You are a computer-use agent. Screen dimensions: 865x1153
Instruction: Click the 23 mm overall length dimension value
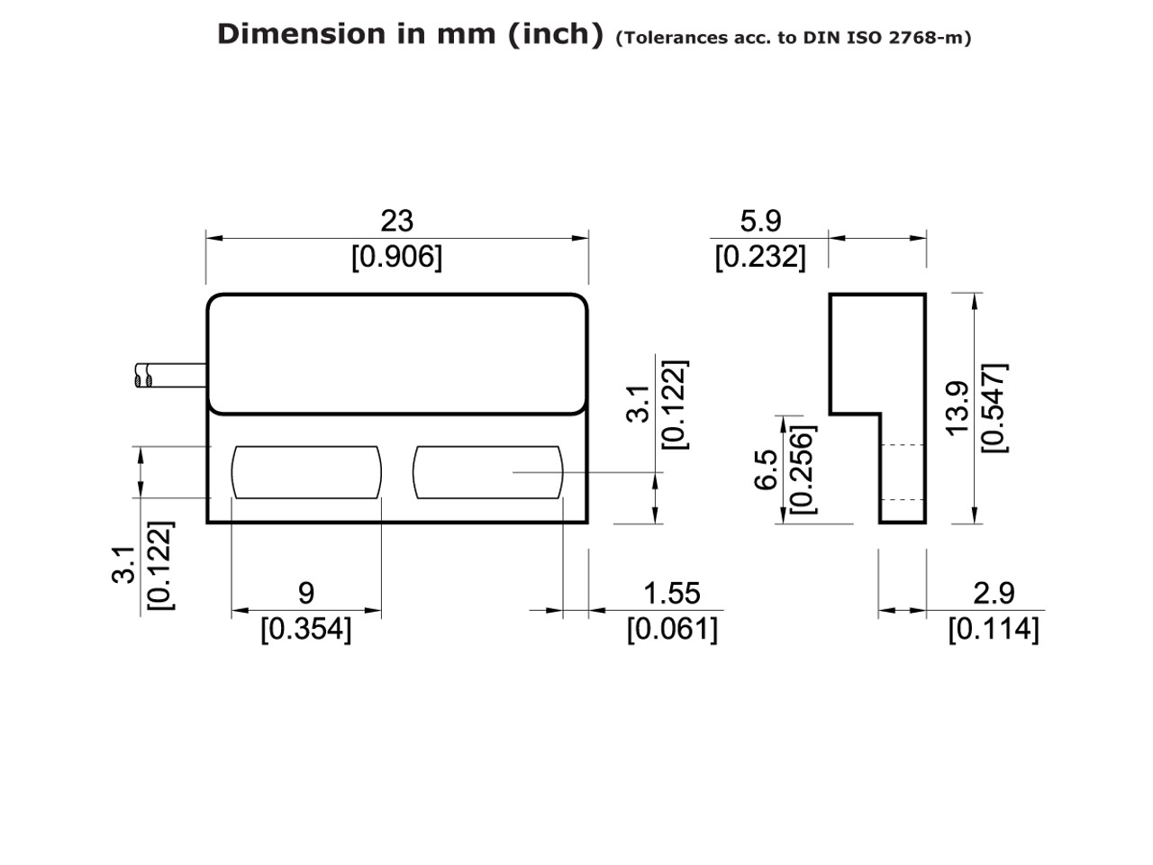pyautogui.click(x=396, y=221)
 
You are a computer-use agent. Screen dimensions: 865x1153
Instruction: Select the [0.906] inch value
pyautogui.click(x=396, y=257)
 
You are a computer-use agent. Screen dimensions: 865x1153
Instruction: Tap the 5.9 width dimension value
pyautogui.click(x=760, y=221)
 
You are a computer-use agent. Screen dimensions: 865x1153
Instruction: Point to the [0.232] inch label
pyautogui.click(x=760, y=257)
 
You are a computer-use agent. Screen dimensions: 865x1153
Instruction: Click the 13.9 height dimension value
pyautogui.click(x=958, y=407)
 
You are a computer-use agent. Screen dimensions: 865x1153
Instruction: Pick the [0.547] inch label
pyautogui.click(x=994, y=407)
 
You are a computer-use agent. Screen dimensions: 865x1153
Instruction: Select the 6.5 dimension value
pyautogui.click(x=766, y=469)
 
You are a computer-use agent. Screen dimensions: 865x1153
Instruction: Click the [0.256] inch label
pyautogui.click(x=801, y=469)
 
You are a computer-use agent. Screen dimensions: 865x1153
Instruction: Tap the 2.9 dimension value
pyautogui.click(x=993, y=593)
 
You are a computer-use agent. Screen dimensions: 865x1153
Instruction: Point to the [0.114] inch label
pyautogui.click(x=993, y=629)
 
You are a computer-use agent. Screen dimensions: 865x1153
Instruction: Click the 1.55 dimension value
pyautogui.click(x=671, y=593)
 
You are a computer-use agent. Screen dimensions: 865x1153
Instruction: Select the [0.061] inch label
pyautogui.click(x=672, y=629)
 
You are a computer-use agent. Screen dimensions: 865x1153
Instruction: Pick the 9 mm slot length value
pyautogui.click(x=306, y=593)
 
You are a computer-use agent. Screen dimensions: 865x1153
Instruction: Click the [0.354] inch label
pyautogui.click(x=306, y=629)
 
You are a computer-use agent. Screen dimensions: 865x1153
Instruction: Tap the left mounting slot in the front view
pyautogui.click(x=306, y=472)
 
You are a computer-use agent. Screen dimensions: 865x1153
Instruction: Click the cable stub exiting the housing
pyautogui.click(x=171, y=376)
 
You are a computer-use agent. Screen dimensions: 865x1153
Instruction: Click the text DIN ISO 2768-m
pyautogui.click(x=886, y=38)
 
